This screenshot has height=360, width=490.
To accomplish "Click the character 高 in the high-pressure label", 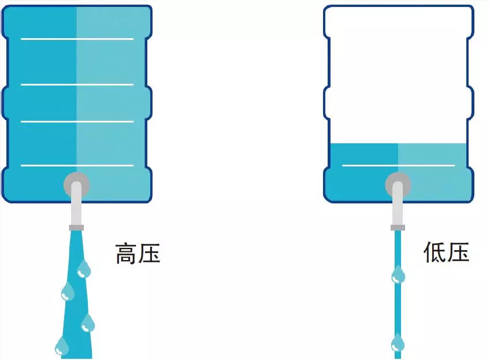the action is [x=127, y=254].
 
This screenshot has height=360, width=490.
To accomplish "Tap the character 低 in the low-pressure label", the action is [x=435, y=252].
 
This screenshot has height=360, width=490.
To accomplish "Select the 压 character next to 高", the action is [x=149, y=254].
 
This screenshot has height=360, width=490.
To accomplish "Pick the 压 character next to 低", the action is [x=458, y=252].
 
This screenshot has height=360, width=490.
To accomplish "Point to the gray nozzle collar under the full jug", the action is [x=76, y=227].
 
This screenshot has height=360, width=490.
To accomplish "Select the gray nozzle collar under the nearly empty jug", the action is [x=398, y=227].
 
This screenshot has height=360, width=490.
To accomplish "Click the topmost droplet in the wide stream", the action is [x=84, y=269].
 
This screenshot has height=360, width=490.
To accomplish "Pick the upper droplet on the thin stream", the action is [x=398, y=274].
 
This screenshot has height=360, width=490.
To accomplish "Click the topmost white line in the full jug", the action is [x=77, y=39].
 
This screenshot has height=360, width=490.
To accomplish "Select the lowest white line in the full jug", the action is [x=77, y=165].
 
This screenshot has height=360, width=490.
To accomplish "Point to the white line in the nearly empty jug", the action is [x=398, y=165].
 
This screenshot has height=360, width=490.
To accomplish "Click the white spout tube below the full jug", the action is [x=76, y=208].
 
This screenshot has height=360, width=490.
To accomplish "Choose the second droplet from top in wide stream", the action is [x=68, y=292].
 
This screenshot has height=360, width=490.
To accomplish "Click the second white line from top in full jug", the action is [x=77, y=84].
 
